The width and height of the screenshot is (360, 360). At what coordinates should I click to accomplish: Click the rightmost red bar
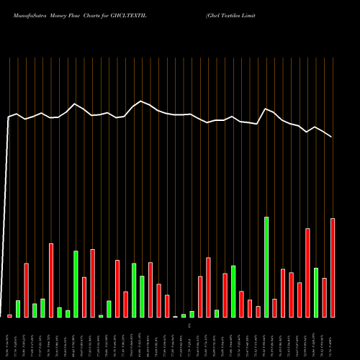[333, 268]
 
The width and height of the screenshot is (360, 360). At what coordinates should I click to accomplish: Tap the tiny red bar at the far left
[10, 316]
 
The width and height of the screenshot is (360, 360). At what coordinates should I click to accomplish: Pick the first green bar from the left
[18, 309]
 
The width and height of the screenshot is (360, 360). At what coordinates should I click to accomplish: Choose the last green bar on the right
[316, 292]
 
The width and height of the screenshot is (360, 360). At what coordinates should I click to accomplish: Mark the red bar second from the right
[325, 297]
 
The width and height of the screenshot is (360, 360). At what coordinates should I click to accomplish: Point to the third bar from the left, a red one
[27, 290]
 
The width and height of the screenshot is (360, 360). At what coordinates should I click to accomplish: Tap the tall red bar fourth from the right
[308, 273]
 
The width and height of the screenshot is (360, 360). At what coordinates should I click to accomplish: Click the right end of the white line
[332, 137]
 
